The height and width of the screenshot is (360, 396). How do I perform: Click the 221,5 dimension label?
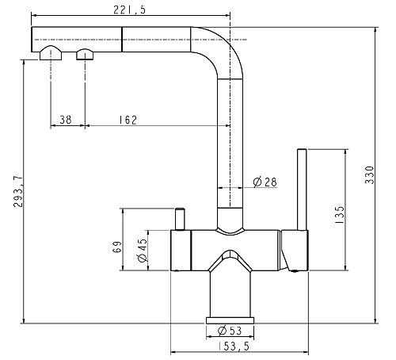pos(129,10)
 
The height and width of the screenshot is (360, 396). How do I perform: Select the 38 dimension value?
pos(66,120)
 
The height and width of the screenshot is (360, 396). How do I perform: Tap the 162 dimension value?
pos(128,120)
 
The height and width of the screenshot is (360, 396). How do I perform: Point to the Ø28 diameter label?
pos(265,182)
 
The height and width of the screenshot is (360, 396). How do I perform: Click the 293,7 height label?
pos(18,191)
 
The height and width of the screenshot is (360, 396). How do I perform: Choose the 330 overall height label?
pos(369,174)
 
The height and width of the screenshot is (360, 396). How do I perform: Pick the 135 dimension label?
pos(340,215)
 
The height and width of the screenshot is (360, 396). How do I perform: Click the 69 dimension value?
pos(117,247)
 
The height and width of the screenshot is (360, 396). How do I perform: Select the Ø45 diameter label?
pos(143,250)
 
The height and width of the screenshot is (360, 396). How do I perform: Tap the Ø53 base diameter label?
pos(230,331)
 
